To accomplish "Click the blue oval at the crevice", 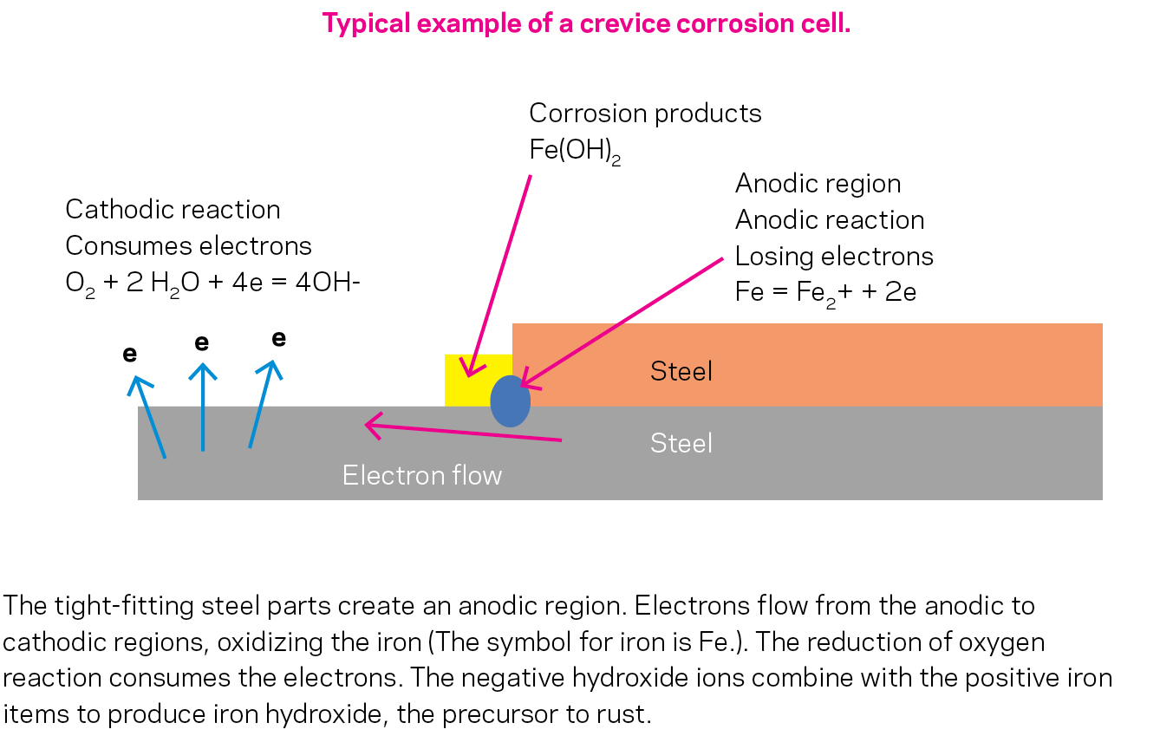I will (x=510, y=401).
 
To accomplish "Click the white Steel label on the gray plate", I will (x=681, y=444).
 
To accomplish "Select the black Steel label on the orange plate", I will (x=681, y=372).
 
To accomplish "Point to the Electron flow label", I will (x=421, y=475).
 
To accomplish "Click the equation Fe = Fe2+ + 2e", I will (x=825, y=292).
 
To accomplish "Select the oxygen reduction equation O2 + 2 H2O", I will (x=212, y=283).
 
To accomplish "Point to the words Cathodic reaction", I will (x=173, y=210).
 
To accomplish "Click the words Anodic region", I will (x=818, y=184).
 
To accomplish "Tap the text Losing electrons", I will (x=834, y=257).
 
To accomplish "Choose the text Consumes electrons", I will (x=188, y=246).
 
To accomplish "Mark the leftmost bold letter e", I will (x=130, y=354).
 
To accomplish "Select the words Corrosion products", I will (x=645, y=114).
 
